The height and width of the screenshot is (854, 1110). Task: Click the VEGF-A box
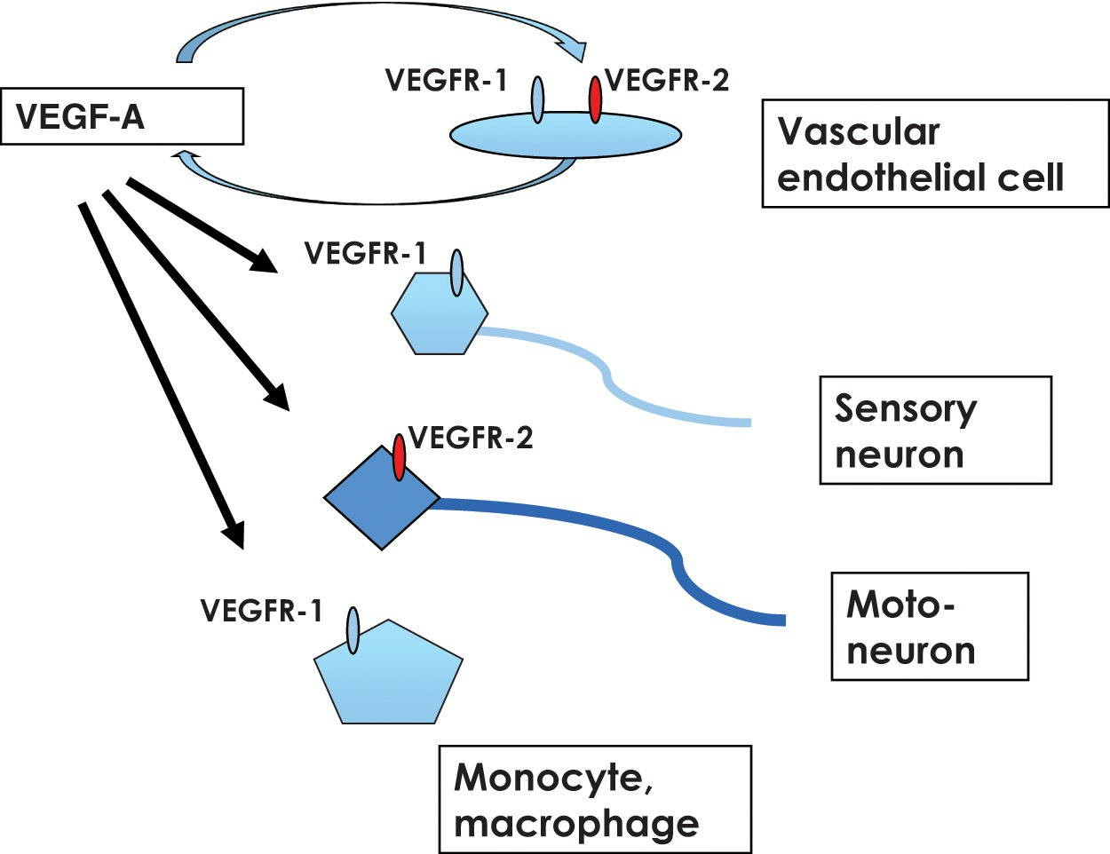123,116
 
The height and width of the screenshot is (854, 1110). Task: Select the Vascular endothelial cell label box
935,154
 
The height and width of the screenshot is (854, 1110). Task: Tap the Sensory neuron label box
935,430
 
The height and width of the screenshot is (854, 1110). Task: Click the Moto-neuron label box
929,626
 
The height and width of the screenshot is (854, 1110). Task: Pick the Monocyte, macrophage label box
595,799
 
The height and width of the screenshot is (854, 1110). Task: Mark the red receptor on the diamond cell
399,456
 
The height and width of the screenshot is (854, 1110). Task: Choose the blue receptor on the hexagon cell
456,273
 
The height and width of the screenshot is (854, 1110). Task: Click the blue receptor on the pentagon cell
353,630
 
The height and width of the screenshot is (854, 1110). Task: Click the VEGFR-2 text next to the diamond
471,438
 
